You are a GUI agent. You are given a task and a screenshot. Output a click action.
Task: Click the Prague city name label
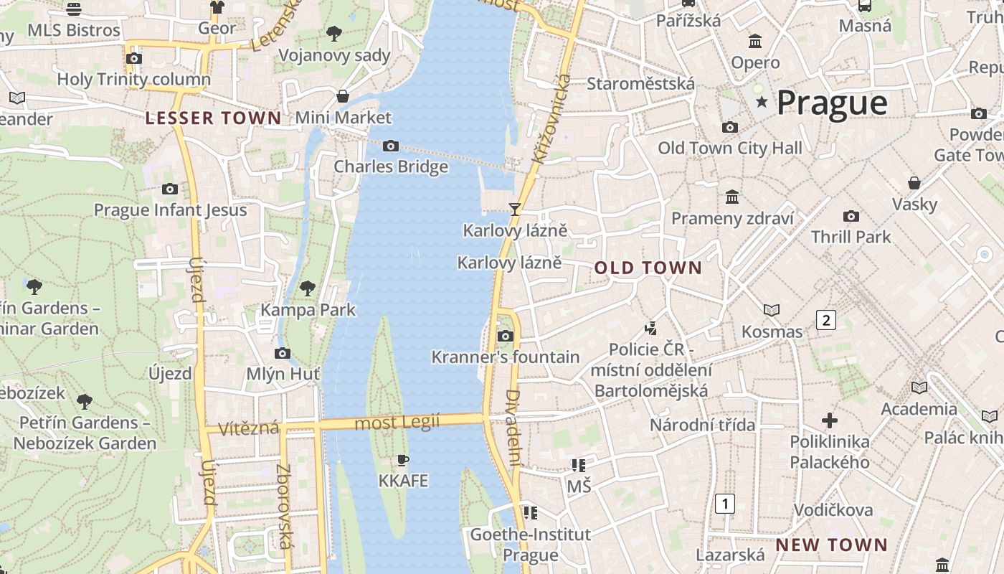pyautogui.click(x=832, y=103)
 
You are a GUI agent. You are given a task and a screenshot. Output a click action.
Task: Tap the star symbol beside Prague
pyautogui.click(x=762, y=103)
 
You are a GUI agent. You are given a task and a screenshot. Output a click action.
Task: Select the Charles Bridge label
pyautogui.click(x=391, y=166)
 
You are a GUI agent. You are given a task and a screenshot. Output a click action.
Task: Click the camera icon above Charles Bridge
pyautogui.click(x=391, y=146)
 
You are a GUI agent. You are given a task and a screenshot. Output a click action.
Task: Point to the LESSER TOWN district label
pyautogui.click(x=214, y=118)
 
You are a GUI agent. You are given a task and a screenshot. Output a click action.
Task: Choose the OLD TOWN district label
pyautogui.click(x=648, y=268)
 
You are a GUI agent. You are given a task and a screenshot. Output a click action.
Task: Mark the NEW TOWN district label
pyautogui.click(x=831, y=545)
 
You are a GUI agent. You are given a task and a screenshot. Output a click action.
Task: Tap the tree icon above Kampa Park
pyautogui.click(x=308, y=288)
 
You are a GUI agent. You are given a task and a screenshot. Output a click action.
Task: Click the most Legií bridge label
pyautogui.click(x=397, y=423)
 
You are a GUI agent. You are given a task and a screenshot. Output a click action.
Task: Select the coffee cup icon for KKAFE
pyautogui.click(x=403, y=460)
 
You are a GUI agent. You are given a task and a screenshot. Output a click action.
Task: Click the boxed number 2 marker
pyautogui.click(x=826, y=320)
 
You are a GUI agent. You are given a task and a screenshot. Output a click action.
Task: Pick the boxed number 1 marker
pyautogui.click(x=725, y=504)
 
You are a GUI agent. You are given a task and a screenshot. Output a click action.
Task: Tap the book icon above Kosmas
pyautogui.click(x=772, y=310)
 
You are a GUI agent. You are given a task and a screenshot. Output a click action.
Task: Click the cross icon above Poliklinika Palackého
pyautogui.click(x=830, y=420)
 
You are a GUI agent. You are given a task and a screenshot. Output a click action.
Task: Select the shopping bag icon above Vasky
pyautogui.click(x=914, y=183)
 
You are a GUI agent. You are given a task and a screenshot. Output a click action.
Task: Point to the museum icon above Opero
pyautogui.click(x=755, y=42)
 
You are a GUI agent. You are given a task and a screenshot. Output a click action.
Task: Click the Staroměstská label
pyautogui.click(x=640, y=84)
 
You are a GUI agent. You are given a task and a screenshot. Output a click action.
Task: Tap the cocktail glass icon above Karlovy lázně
pyautogui.click(x=514, y=210)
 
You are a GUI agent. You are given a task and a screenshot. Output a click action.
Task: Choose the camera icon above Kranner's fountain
pyautogui.click(x=506, y=336)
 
